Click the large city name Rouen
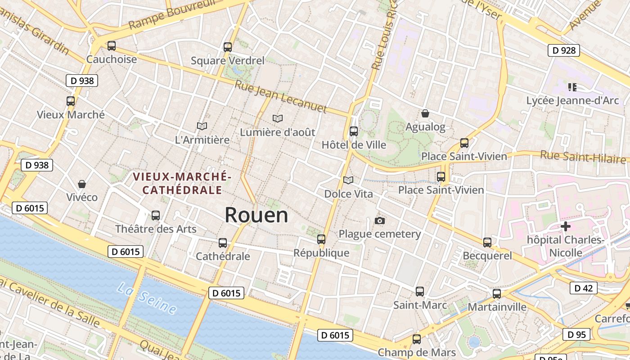256,215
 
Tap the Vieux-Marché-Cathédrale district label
182,183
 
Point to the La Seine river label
147,298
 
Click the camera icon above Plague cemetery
380,220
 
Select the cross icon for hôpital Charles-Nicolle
566,226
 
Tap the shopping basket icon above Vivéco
82,184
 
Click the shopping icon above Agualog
425,113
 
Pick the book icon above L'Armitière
202,126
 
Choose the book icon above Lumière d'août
278,119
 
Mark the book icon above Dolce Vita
348,180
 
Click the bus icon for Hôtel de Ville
354,131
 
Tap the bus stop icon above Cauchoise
112,46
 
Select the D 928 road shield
563,50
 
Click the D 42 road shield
583,288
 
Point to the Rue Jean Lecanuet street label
281,96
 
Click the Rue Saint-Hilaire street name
583,157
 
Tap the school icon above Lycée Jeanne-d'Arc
572,87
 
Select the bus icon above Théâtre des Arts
156,216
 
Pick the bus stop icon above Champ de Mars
417,339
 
